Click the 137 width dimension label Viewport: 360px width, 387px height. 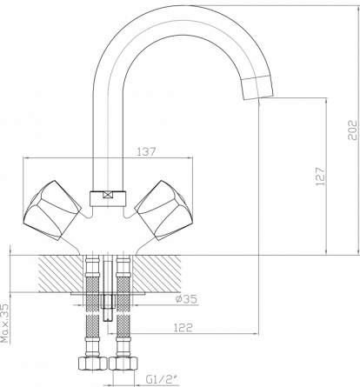click(x=146, y=151)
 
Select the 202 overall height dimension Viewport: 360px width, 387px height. click(x=352, y=130)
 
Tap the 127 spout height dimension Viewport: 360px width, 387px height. click(x=321, y=177)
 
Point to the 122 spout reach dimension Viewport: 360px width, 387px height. click(x=183, y=328)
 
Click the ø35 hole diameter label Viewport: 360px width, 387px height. click(x=186, y=298)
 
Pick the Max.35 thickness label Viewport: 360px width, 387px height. click(x=5, y=324)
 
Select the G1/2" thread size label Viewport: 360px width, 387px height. click(x=163, y=379)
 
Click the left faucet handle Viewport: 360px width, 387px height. click(x=51, y=210)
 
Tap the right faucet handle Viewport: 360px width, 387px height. click(x=164, y=210)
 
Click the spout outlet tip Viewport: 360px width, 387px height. click(x=257, y=87)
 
